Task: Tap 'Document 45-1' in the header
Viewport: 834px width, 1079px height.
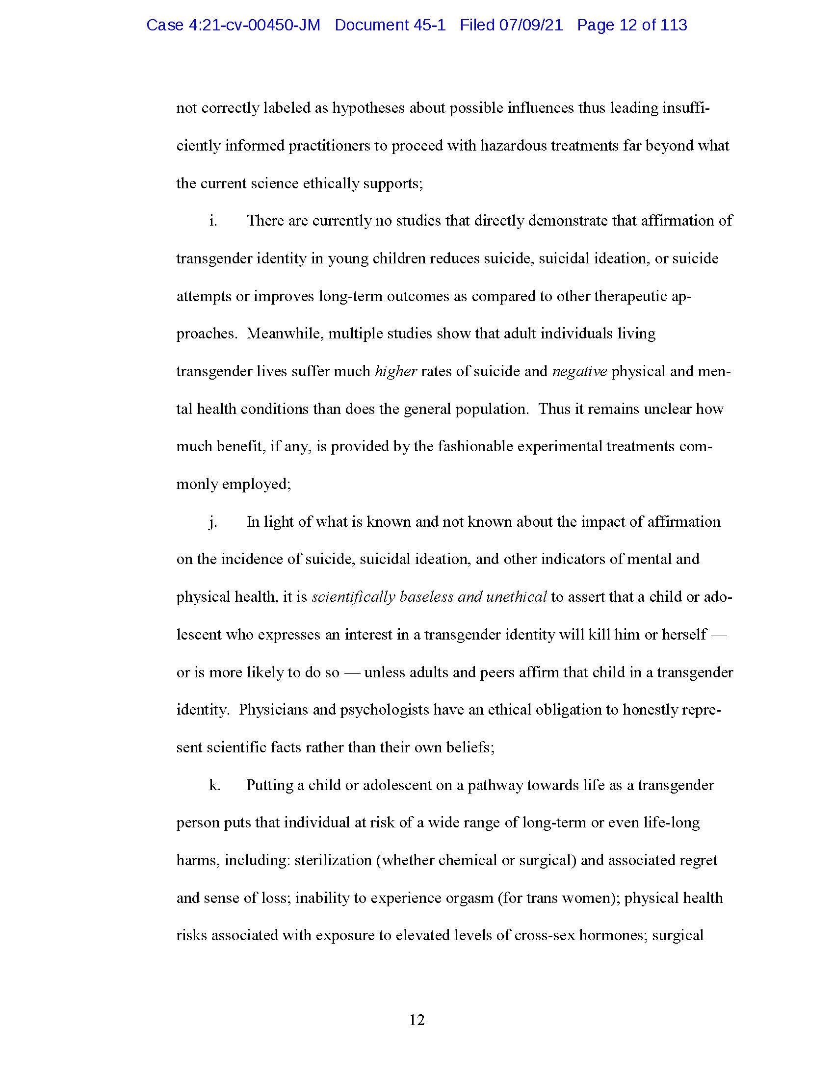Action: pyautogui.click(x=390, y=25)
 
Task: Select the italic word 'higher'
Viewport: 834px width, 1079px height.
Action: pyautogui.click(x=396, y=371)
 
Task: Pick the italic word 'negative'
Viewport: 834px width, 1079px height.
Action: pyautogui.click(x=579, y=371)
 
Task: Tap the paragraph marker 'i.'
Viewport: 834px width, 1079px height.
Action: pyautogui.click(x=213, y=220)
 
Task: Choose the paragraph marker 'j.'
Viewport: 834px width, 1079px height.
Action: pyautogui.click(x=213, y=522)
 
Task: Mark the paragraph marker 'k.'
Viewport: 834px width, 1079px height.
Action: pyautogui.click(x=214, y=785)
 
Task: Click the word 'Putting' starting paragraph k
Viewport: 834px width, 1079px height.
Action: pyautogui.click(x=269, y=785)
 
